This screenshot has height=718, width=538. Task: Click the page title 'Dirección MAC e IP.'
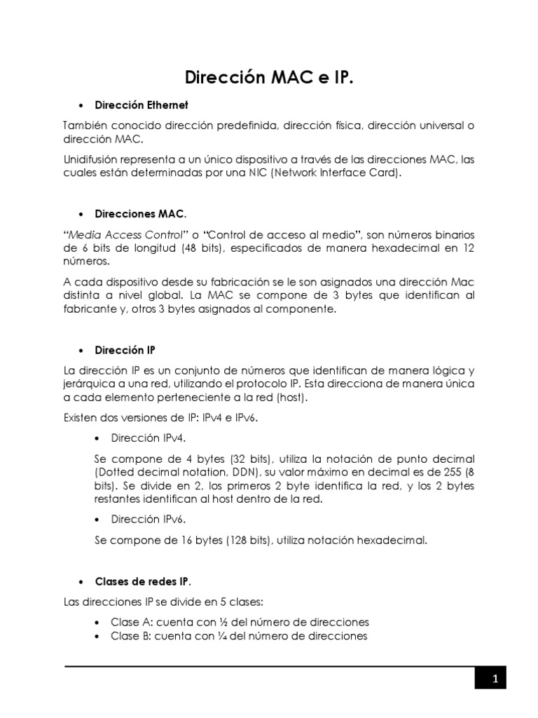coord(269,76)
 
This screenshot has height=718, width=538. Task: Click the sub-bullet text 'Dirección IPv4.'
coord(149,439)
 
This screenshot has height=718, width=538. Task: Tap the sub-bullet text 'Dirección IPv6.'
coord(149,520)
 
